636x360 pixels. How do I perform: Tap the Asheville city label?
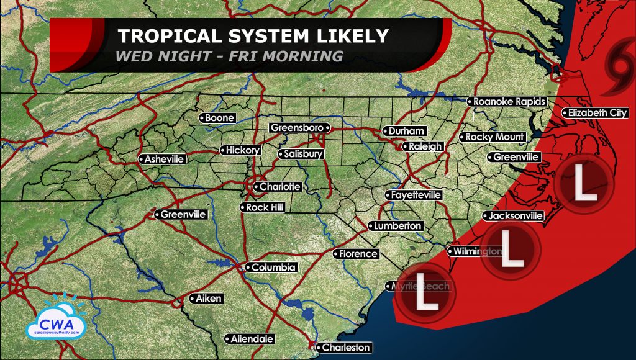coord(162,159)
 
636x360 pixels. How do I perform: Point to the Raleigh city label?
coord(423,146)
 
